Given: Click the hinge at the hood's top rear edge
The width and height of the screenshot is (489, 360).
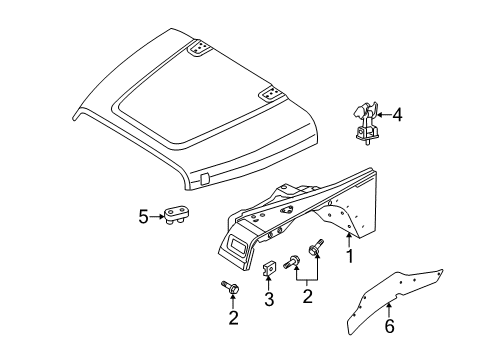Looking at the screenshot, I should (202, 47).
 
